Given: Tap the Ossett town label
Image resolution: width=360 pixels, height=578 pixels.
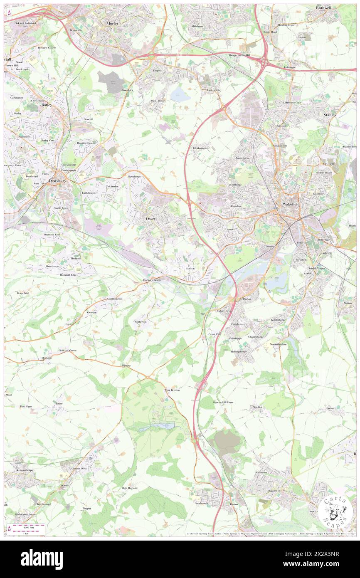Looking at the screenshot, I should pos(151,218).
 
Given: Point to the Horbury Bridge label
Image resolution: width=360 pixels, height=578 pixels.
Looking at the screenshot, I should pos(152,280).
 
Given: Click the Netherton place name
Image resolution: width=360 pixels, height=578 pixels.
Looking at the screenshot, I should pos(141,322).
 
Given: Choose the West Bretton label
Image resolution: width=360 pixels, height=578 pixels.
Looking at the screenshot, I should pos(172,390).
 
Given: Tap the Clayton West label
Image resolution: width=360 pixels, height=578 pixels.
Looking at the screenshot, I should pos(79,469).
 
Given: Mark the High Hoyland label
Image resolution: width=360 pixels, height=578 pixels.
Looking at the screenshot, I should pos(129,488).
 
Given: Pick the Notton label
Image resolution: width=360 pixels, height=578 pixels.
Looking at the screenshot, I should pos(330,408).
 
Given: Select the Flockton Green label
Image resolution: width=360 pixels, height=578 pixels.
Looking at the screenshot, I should pos(67,351).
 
